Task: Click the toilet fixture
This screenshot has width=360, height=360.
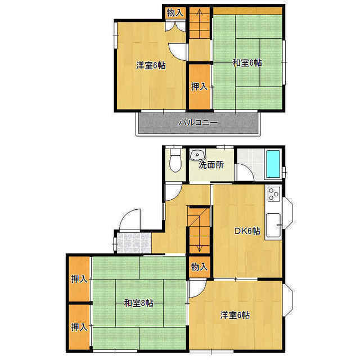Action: click(175, 160)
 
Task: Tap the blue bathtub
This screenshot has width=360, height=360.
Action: click(273, 164)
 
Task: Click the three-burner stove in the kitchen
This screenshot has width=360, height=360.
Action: click(274, 194)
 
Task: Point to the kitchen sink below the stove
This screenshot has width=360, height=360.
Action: click(273, 226)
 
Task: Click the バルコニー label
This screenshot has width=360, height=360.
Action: click(199, 123)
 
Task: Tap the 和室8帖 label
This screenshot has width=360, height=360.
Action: click(138, 303)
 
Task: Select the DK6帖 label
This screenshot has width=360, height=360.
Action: click(247, 231)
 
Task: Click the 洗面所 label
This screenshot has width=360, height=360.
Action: click(211, 165)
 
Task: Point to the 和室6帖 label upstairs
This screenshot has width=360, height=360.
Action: click(247, 62)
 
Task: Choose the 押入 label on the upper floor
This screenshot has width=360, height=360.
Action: click(199, 86)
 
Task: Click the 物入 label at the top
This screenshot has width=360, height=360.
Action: click(175, 13)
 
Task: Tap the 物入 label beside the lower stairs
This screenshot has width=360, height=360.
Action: click(199, 267)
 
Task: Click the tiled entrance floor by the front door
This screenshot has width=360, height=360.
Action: click(134, 243)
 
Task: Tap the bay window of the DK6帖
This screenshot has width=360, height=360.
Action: click(288, 213)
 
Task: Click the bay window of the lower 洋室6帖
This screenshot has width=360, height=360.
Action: click(288, 300)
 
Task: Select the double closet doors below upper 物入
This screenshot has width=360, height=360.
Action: click(175, 26)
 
